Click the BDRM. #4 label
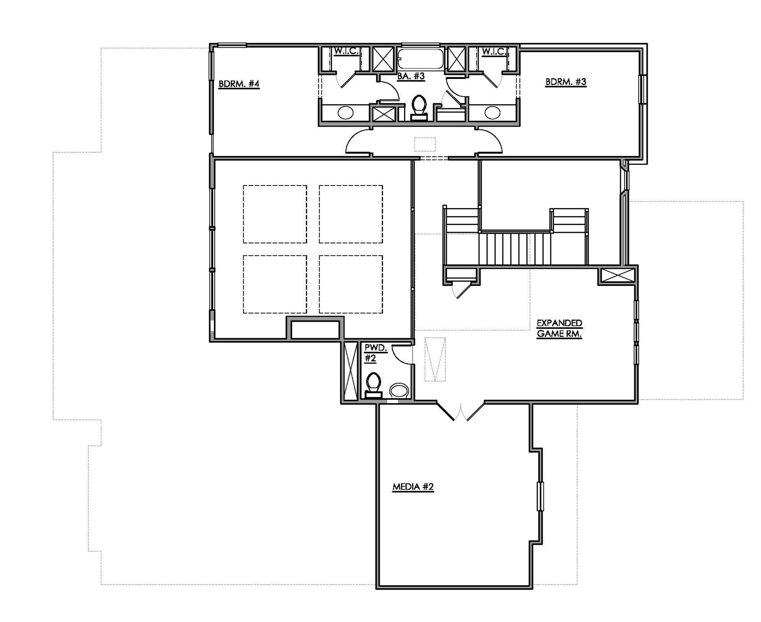(x=238, y=84)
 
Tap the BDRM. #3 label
(x=565, y=82)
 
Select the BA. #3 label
(x=410, y=76)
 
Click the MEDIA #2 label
(x=413, y=486)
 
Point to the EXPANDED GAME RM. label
(x=559, y=328)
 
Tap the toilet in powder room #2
(x=373, y=384)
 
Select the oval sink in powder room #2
(x=399, y=391)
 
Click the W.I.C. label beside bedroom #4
(x=346, y=52)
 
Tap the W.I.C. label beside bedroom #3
(x=494, y=52)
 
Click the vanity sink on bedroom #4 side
(x=345, y=112)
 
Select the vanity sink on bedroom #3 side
(x=492, y=112)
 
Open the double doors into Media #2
(x=460, y=411)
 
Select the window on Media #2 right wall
(x=540, y=496)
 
